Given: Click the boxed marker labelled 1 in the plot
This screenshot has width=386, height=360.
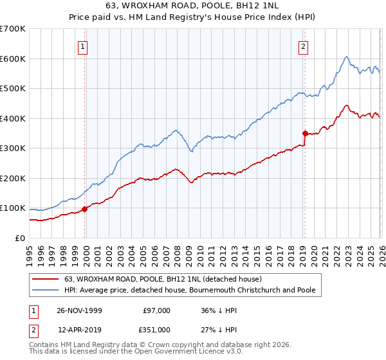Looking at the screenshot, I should click(x=84, y=46).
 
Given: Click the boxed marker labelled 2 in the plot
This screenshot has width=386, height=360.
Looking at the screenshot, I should click(x=303, y=46).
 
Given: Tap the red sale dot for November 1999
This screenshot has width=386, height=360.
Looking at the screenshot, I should click(x=84, y=209).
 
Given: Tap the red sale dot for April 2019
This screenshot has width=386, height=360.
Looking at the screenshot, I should click(x=304, y=133).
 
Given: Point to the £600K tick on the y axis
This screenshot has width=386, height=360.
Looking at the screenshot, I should click(x=12, y=59).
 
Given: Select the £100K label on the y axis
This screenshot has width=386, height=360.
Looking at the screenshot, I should click(x=12, y=208).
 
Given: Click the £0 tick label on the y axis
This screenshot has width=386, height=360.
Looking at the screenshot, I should click(x=19, y=239).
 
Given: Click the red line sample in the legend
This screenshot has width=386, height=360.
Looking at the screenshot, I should click(x=46, y=280).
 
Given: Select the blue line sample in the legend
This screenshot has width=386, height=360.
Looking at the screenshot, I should click(x=46, y=291).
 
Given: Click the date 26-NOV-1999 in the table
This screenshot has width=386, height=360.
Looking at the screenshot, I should click(x=79, y=310).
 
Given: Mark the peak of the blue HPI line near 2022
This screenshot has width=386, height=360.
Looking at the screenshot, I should click(x=346, y=57).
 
